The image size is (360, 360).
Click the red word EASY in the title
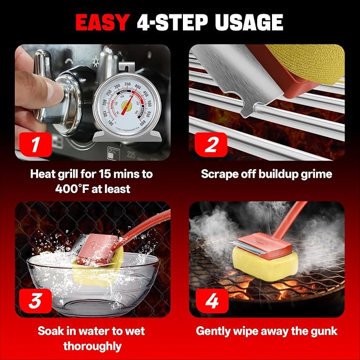coord(103,22)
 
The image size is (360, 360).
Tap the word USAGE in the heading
coord(249,22)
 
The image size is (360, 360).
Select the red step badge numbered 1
coord(36,145)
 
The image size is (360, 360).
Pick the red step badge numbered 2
coord(211,145)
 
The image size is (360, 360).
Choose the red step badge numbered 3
coord(36,301)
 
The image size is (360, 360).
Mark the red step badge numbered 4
coord(212,301)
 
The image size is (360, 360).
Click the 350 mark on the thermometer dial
coord(127,84)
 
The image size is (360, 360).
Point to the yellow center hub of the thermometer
coord(127,106)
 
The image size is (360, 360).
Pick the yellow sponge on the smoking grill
coord(266,264)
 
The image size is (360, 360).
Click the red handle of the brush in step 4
coord(291,221)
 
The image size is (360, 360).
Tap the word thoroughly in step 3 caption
coord(92,346)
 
